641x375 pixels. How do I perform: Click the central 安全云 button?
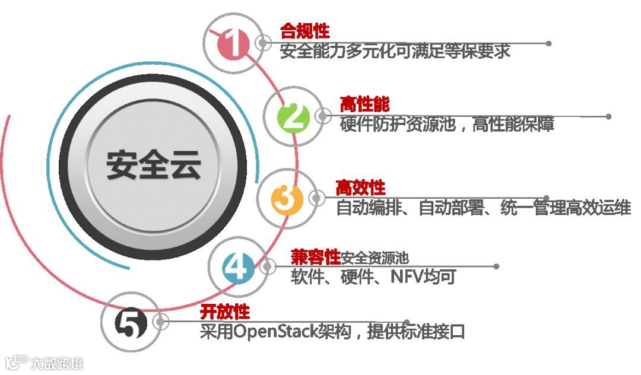[153, 163]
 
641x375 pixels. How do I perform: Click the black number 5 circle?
[131, 324]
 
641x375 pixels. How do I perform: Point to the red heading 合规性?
[304, 31]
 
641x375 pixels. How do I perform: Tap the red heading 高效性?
[360, 188]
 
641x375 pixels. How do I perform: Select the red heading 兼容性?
[315, 256]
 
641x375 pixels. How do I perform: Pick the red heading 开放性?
[225, 312]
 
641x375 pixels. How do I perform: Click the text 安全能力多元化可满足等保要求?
[395, 51]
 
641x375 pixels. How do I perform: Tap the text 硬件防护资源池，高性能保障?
[447, 125]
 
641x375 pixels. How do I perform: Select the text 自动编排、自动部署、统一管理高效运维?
[483, 208]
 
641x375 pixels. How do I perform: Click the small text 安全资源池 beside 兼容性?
[375, 258]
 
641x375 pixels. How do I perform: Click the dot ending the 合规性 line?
[548, 43]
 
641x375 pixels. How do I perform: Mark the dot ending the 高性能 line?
[608, 116]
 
